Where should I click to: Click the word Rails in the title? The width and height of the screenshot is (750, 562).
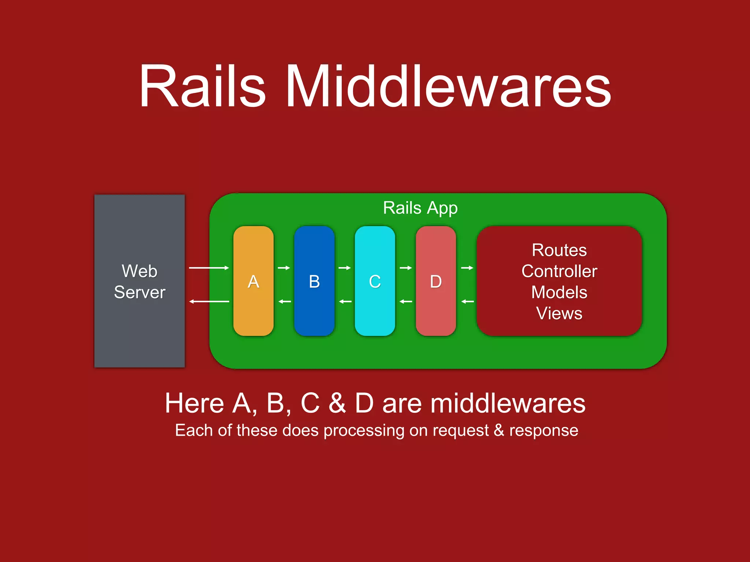coord(202,86)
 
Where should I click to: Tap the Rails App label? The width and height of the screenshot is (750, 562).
coord(420,208)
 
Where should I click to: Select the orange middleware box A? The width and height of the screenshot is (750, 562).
coord(253,281)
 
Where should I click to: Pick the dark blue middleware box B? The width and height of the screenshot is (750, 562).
coord(314,281)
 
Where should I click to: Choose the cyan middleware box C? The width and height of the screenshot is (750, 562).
coord(375,281)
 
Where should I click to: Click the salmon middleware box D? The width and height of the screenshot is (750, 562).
coord(436,281)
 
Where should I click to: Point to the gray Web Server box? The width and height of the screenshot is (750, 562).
coord(140,281)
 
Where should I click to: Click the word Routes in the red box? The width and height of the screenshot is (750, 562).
coord(559,251)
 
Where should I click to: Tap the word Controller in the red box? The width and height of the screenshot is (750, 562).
coord(559,271)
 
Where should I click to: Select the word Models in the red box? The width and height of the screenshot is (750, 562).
coord(559,292)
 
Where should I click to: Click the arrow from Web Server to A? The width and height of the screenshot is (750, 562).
coord(209,268)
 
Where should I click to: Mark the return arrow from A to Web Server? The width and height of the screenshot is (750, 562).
coord(209,301)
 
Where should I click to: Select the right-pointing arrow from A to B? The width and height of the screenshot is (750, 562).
coord(284,268)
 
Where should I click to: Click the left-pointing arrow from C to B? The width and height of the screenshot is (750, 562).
coord(345,301)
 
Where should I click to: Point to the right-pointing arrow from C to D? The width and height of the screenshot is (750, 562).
coord(406,268)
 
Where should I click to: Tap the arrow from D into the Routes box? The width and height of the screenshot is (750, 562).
coord(467,268)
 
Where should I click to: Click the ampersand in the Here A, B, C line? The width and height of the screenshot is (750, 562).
coord(337,403)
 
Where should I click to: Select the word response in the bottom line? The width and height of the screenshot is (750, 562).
coord(543,431)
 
